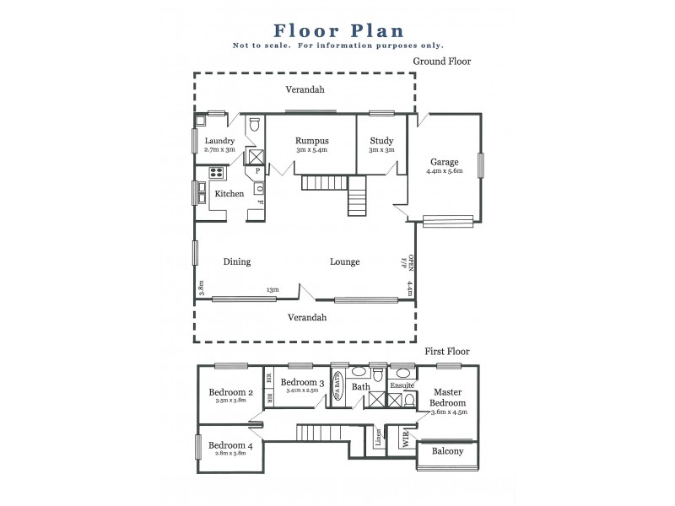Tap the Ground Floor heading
click(x=441, y=62)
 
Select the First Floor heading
click(x=445, y=352)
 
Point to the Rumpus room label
click(x=311, y=140)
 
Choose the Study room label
click(x=381, y=140)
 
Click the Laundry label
click(x=219, y=141)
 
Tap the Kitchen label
click(x=229, y=194)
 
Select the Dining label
click(x=237, y=261)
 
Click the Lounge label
click(x=344, y=261)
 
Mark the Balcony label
click(x=447, y=451)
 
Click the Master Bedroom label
click(x=448, y=397)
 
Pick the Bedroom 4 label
click(x=230, y=445)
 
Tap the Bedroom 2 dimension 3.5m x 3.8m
click(x=230, y=401)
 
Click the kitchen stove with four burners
click(x=214, y=174)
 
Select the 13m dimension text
click(x=273, y=289)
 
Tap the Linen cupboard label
click(x=379, y=439)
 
